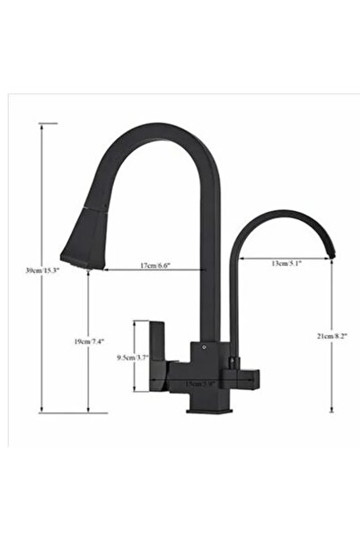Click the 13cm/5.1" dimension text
tap(285, 262)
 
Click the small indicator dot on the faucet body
tap(203, 345)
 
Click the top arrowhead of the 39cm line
tap(42, 126)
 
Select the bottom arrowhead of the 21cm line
tap(332, 411)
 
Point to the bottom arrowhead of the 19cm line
tap(88, 411)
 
